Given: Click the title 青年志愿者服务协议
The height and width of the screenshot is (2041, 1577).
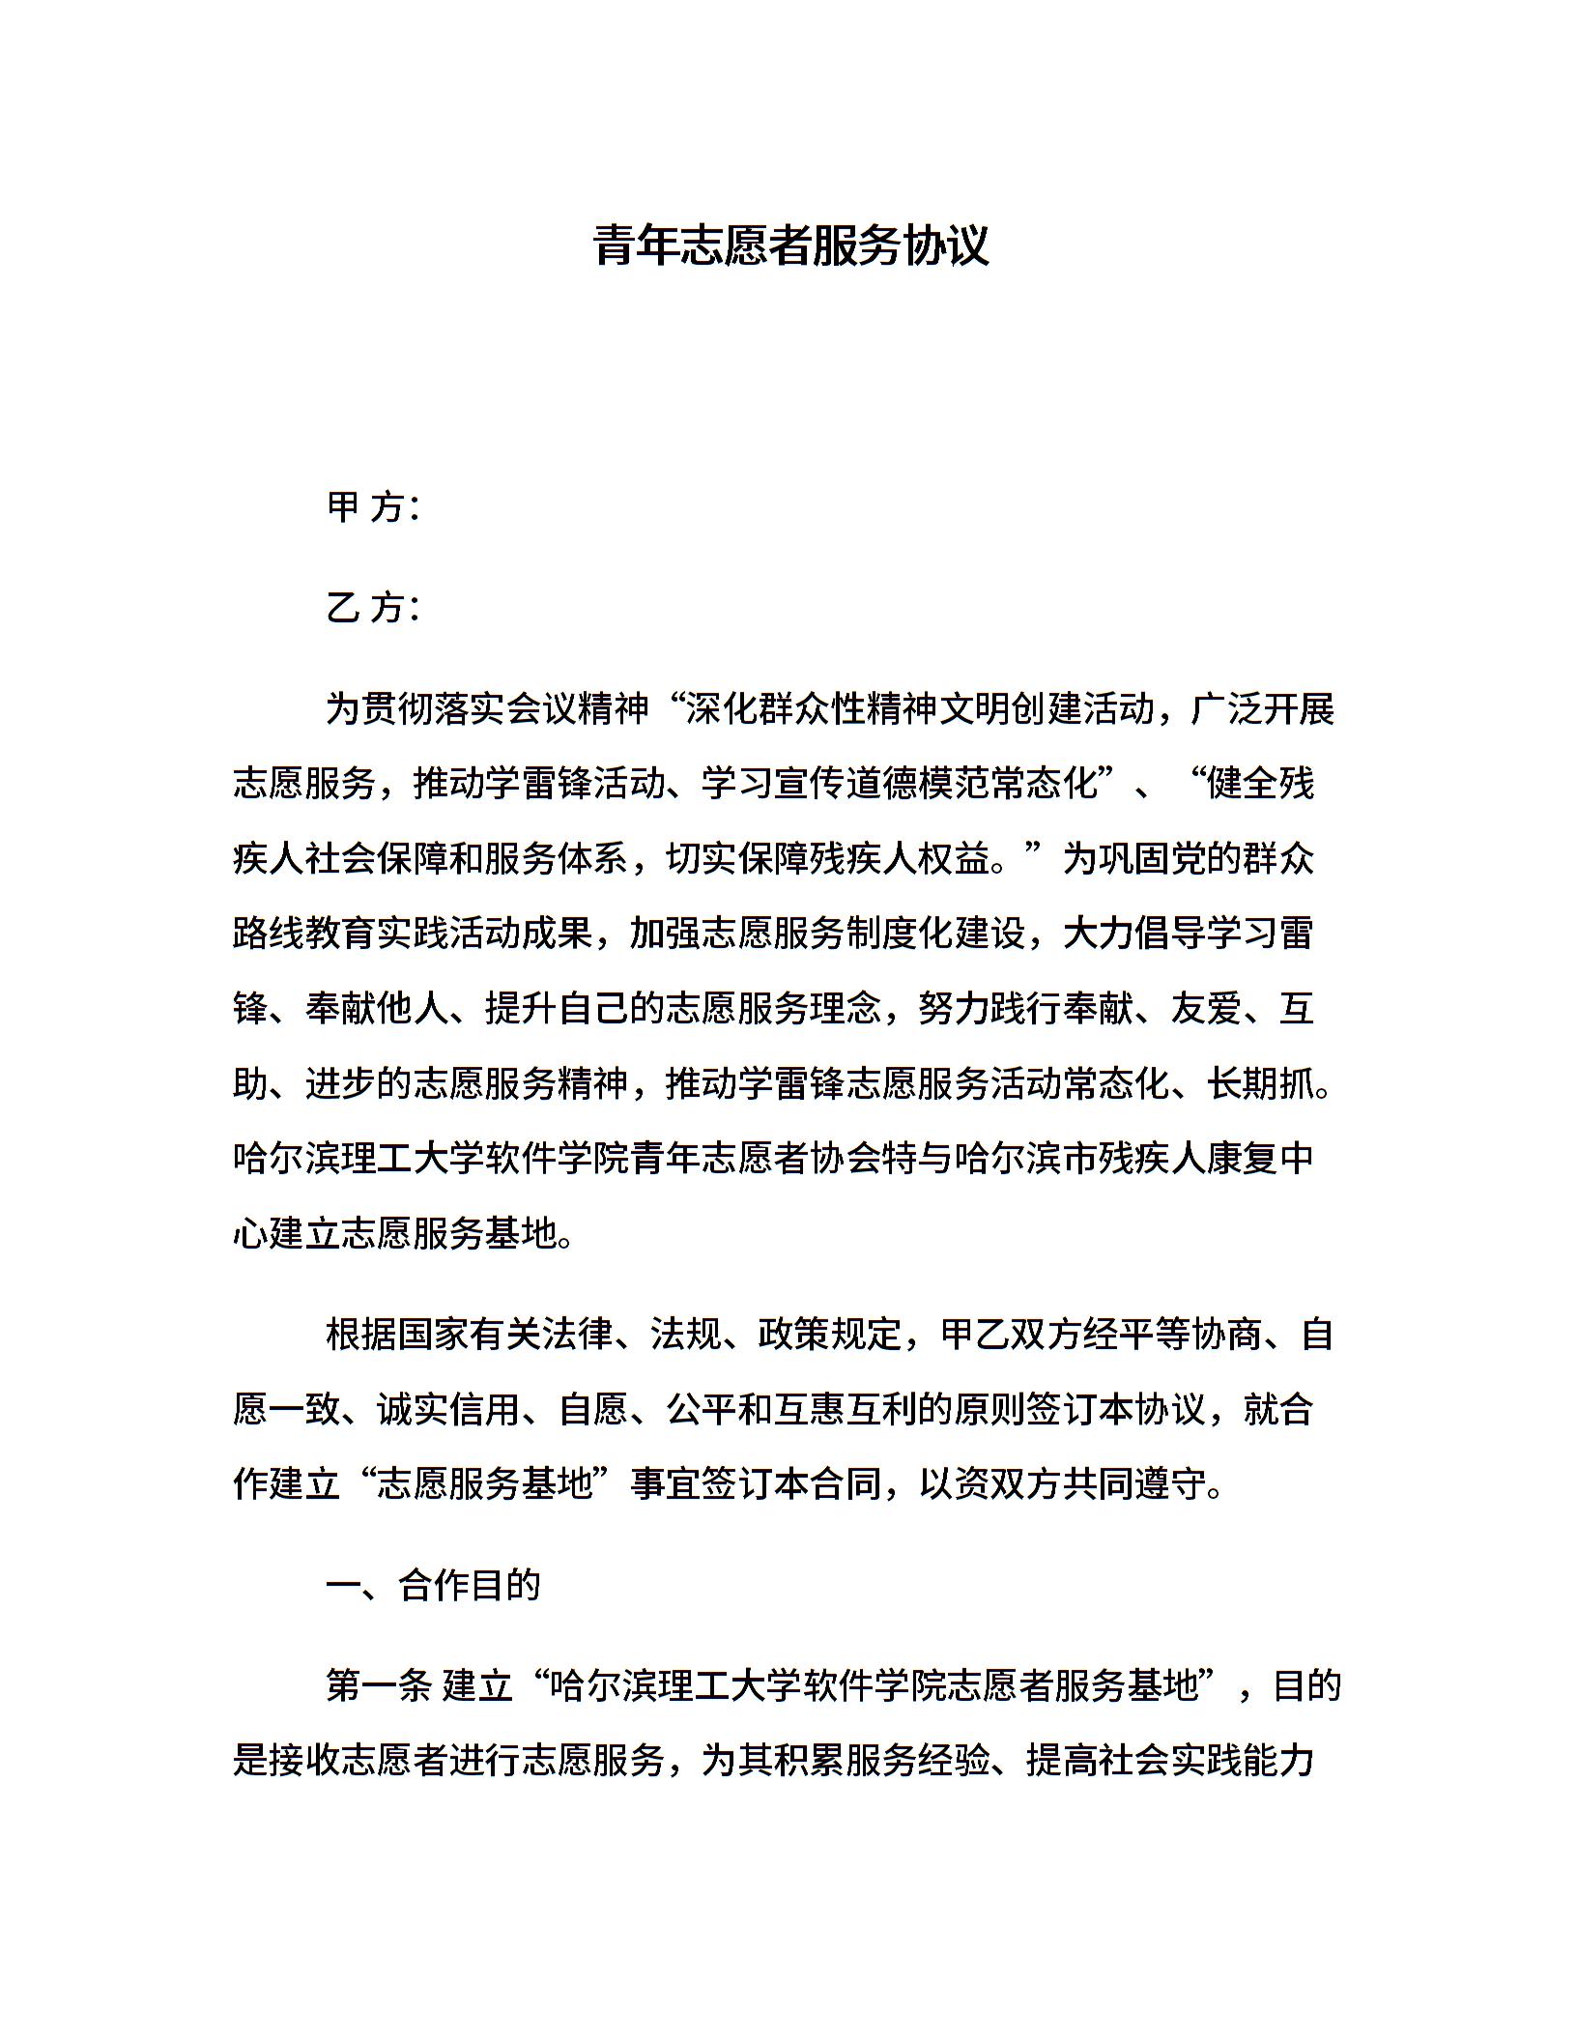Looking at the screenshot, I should coord(791,245).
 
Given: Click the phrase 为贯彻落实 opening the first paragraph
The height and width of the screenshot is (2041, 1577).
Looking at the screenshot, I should coord(416,709).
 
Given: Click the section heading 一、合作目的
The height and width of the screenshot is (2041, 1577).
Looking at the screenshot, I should coord(433,1586).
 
